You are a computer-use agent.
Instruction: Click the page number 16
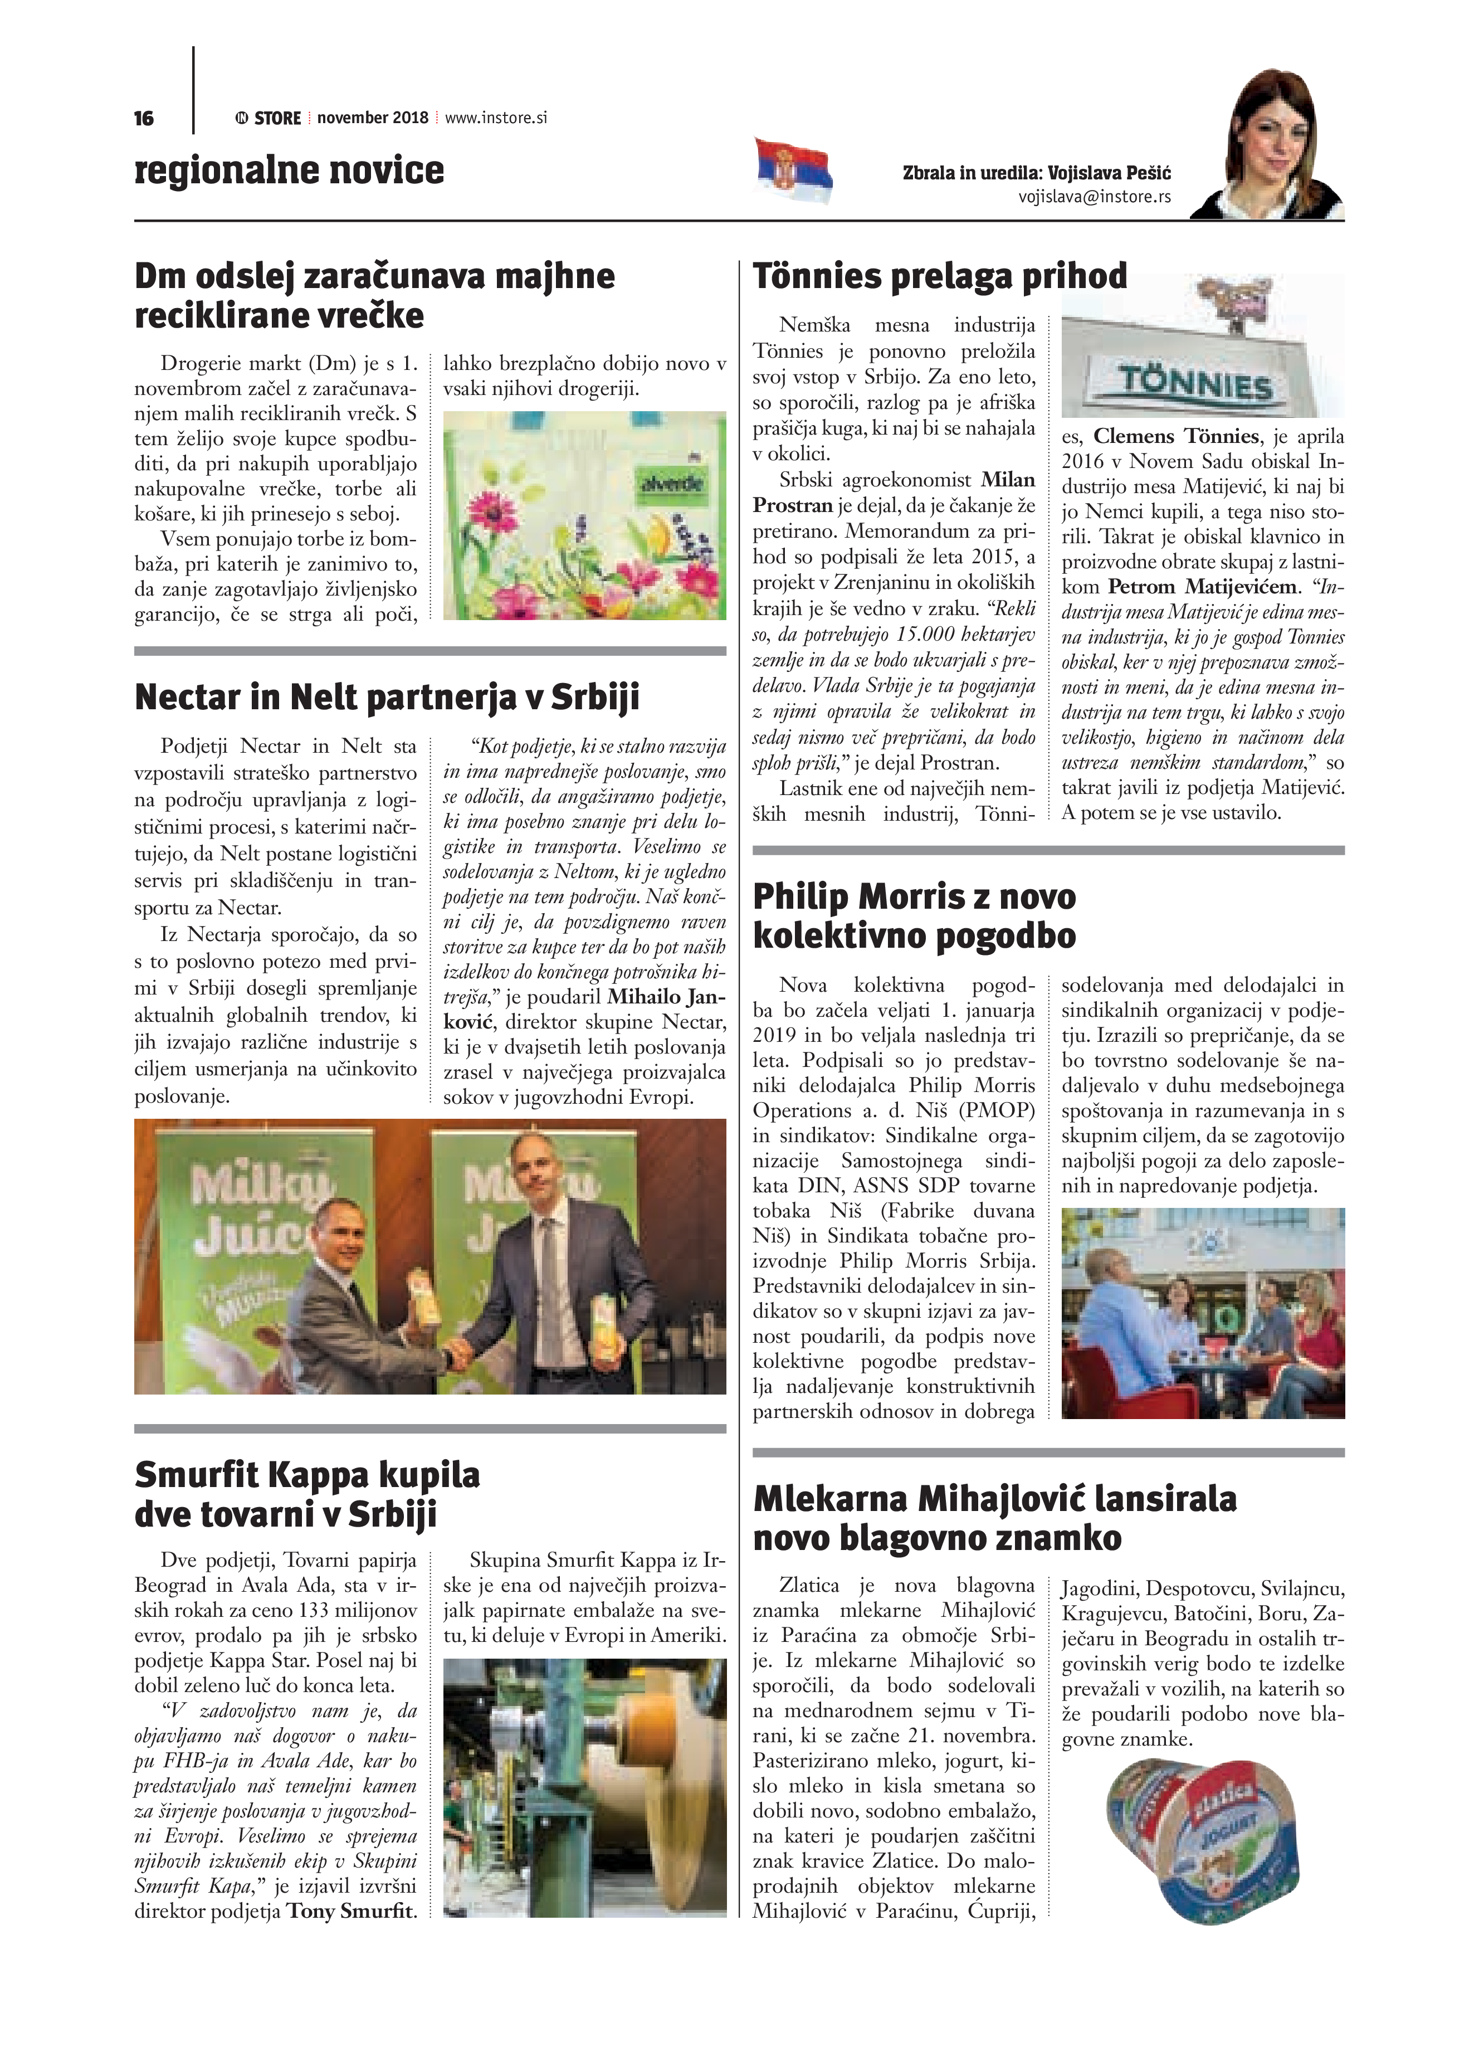(144, 119)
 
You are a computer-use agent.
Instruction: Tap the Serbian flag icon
(793, 169)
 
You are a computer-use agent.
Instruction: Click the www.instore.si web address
(496, 118)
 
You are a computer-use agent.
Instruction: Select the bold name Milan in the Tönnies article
(1008, 480)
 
